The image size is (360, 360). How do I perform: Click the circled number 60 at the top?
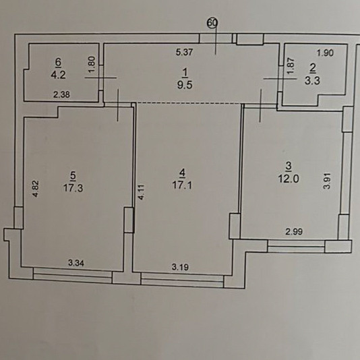[x=212, y=23]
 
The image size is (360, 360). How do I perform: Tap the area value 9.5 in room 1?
[x=185, y=85]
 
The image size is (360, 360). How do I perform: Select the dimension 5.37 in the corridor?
[x=185, y=53]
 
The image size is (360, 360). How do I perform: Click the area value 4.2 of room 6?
[x=59, y=75]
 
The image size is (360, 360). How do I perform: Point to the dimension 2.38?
[x=61, y=94]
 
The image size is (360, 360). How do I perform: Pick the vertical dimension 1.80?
[x=92, y=64]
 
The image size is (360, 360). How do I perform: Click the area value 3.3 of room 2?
[x=312, y=81]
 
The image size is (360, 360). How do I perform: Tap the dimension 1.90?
[x=325, y=53]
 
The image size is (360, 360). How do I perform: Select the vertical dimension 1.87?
[x=291, y=65]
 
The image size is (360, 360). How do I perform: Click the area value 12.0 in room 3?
[x=289, y=179]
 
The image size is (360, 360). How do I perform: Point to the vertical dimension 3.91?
[x=327, y=181]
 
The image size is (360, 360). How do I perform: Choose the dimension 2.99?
[x=294, y=232]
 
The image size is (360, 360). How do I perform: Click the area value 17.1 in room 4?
[x=182, y=185]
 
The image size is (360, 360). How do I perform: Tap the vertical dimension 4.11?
[x=142, y=192]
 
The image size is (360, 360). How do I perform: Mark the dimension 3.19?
[x=180, y=267]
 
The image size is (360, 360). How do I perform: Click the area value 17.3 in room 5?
[x=73, y=188]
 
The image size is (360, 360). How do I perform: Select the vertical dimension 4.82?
[x=36, y=189]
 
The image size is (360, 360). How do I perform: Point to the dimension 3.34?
[x=76, y=263]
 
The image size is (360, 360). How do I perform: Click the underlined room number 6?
[x=59, y=63]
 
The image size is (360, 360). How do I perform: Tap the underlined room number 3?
[x=289, y=167]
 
